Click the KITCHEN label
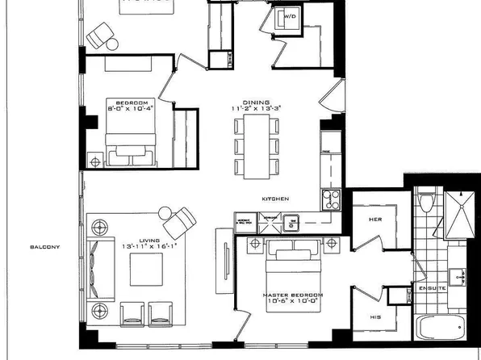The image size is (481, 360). click(274, 199)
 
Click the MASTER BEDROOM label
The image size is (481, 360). click(292, 295)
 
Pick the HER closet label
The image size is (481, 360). click(374, 219)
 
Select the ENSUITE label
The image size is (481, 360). click(428, 287)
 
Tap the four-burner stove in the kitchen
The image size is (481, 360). click(331, 199)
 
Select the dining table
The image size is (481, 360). click(256, 145)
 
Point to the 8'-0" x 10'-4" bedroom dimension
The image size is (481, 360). click(132, 110)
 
